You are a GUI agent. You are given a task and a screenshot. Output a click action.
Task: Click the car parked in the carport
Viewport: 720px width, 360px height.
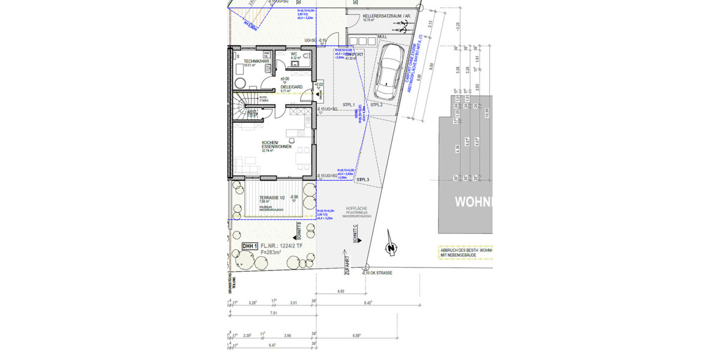click(388, 72)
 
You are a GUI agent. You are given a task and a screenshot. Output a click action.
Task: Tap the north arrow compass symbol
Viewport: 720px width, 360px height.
click(390, 247)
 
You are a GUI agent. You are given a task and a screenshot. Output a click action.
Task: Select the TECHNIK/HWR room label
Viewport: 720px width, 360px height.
click(248, 62)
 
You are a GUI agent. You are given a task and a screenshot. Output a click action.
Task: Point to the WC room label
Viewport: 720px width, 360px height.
click(294, 54)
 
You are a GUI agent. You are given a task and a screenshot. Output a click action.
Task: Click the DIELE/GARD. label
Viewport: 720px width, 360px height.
click(292, 87)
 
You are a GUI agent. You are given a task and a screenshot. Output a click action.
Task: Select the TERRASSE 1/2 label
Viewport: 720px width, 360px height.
click(272, 197)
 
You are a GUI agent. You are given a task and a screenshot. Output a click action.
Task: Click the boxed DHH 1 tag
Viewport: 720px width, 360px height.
click(250, 246)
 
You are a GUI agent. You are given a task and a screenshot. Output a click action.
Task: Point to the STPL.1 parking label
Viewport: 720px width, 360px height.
click(349, 104)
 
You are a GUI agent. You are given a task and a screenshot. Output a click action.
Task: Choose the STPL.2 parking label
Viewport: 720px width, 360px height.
click(377, 105)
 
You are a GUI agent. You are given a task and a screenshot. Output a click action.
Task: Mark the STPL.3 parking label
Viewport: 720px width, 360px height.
click(362, 180)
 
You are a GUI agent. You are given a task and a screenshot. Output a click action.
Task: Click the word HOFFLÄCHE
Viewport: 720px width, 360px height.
click(356, 209)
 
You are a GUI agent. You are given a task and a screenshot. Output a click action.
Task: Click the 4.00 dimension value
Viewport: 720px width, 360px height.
click(340, 292)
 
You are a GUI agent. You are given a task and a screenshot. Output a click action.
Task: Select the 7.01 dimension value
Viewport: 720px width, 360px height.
click(274, 313)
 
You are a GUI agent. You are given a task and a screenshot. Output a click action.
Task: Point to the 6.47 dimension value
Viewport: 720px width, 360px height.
click(272, 346)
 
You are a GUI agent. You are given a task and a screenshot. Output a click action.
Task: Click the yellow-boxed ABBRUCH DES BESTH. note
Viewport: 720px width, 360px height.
click(465, 252)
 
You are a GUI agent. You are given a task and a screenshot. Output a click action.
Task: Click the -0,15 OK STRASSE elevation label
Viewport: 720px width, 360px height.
click(377, 273)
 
